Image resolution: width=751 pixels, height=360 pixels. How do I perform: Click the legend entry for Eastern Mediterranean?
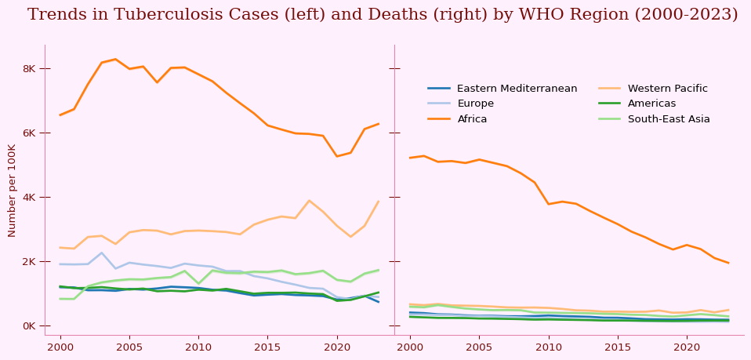click(x=517, y=89)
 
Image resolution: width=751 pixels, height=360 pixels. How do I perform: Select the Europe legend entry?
click(x=475, y=104)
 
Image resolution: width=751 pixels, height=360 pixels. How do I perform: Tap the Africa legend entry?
click(x=471, y=119)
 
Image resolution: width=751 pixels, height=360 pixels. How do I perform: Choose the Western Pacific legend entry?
click(x=667, y=89)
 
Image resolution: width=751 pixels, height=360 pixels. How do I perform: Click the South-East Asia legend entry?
click(x=669, y=119)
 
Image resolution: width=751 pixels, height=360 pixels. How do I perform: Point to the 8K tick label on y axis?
click(x=29, y=69)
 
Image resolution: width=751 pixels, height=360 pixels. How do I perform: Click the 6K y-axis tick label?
click(x=29, y=133)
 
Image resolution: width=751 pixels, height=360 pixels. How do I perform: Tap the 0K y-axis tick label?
click(x=29, y=326)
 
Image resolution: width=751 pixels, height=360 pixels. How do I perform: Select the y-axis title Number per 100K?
click(x=13, y=191)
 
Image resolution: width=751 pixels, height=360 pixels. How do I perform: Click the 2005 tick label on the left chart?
click(x=129, y=347)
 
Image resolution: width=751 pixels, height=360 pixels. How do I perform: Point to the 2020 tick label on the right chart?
click(x=687, y=347)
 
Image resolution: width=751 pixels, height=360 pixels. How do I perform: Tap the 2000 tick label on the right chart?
click(x=410, y=347)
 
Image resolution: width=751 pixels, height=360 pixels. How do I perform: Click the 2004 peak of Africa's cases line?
click(x=115, y=59)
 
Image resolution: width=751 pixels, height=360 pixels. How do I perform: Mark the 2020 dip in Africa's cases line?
click(x=337, y=156)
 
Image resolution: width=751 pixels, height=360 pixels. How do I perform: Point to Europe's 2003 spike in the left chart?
click(x=102, y=253)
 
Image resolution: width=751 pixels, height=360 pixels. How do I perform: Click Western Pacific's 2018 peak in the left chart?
click(x=309, y=201)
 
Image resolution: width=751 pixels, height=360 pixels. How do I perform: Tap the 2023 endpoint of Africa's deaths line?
click(x=728, y=263)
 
